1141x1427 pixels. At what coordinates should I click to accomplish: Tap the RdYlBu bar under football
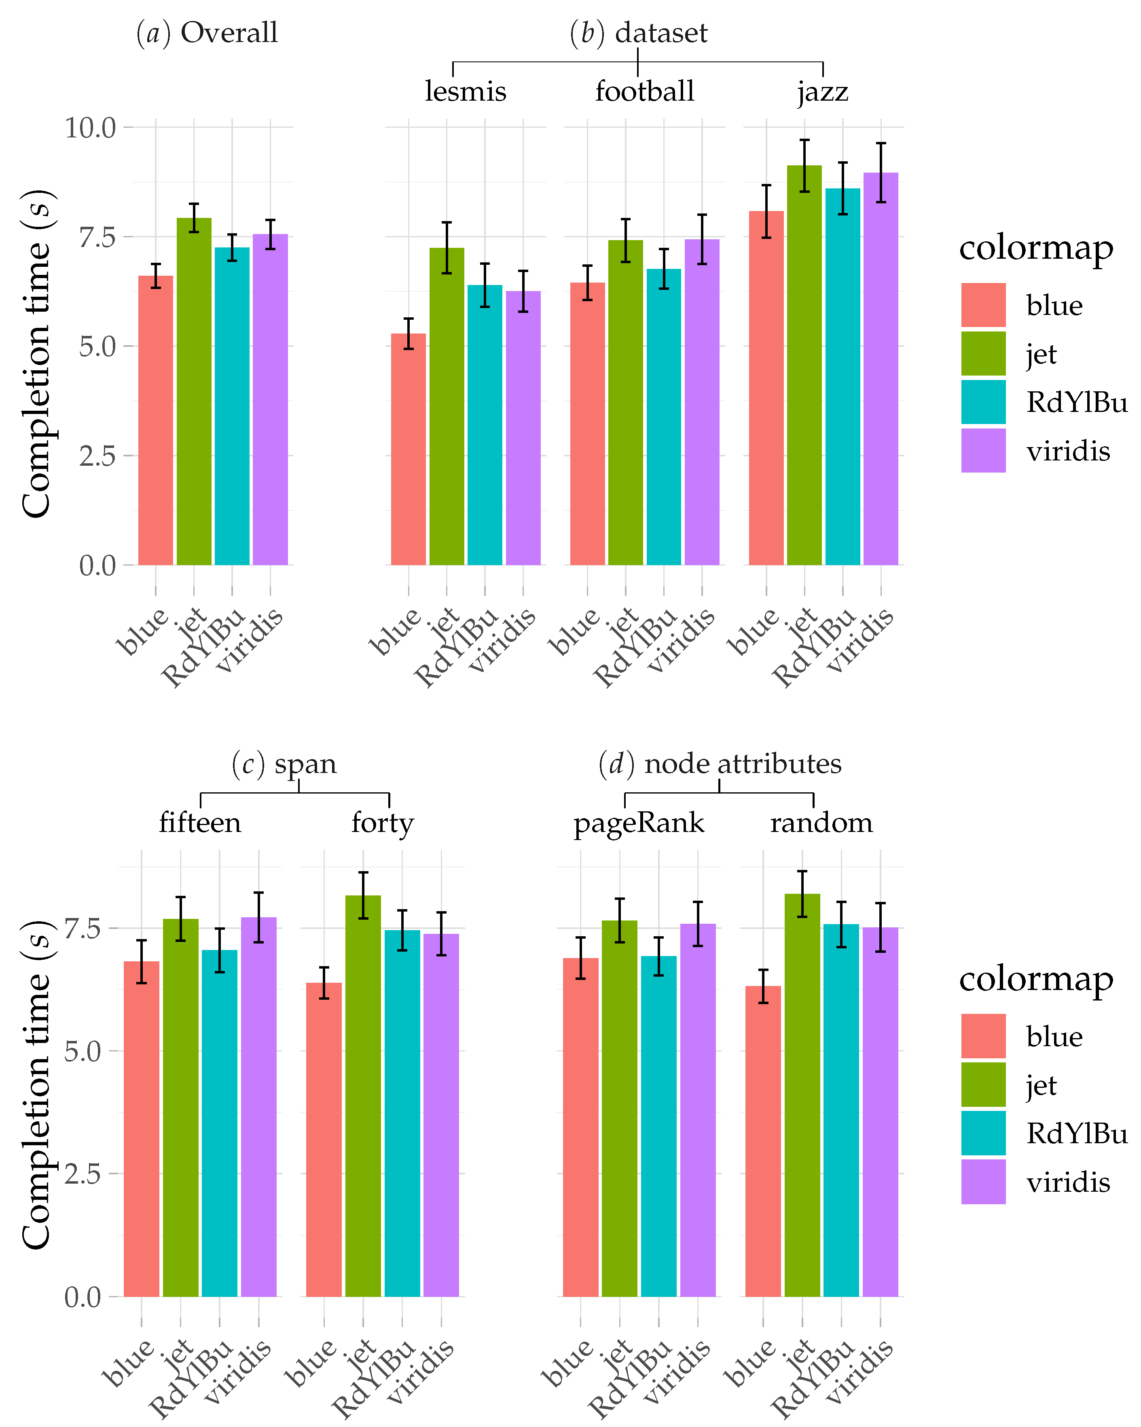(664, 416)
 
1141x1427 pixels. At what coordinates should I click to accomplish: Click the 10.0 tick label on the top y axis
(90, 128)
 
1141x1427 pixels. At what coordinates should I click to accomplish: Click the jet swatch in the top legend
(983, 353)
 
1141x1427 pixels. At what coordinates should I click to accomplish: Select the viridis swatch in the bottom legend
(983, 1182)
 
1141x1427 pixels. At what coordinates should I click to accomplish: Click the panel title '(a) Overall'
(207, 32)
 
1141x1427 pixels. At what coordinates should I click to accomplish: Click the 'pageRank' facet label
(638, 823)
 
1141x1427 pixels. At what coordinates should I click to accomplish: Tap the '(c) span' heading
(284, 764)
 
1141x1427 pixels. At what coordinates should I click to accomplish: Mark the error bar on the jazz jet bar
(804, 165)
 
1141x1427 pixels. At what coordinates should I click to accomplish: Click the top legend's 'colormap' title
(1036, 247)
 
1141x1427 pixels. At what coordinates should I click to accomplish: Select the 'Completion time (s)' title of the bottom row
(36, 1085)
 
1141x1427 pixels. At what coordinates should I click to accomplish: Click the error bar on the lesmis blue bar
(408, 334)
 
